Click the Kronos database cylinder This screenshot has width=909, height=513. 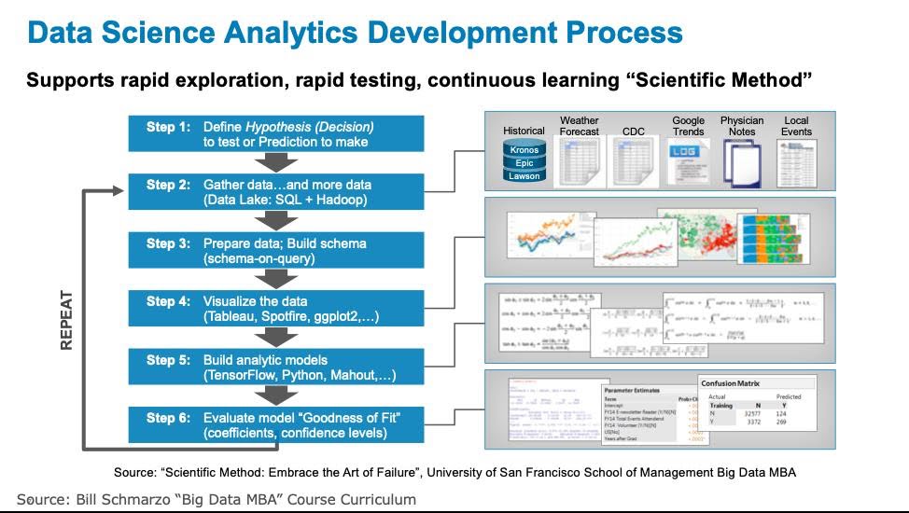pos(524,150)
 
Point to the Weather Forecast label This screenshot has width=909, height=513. pos(580,126)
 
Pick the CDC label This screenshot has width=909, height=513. pos(634,132)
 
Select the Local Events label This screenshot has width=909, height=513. pos(796,126)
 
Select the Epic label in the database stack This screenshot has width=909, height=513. pos(524,163)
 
